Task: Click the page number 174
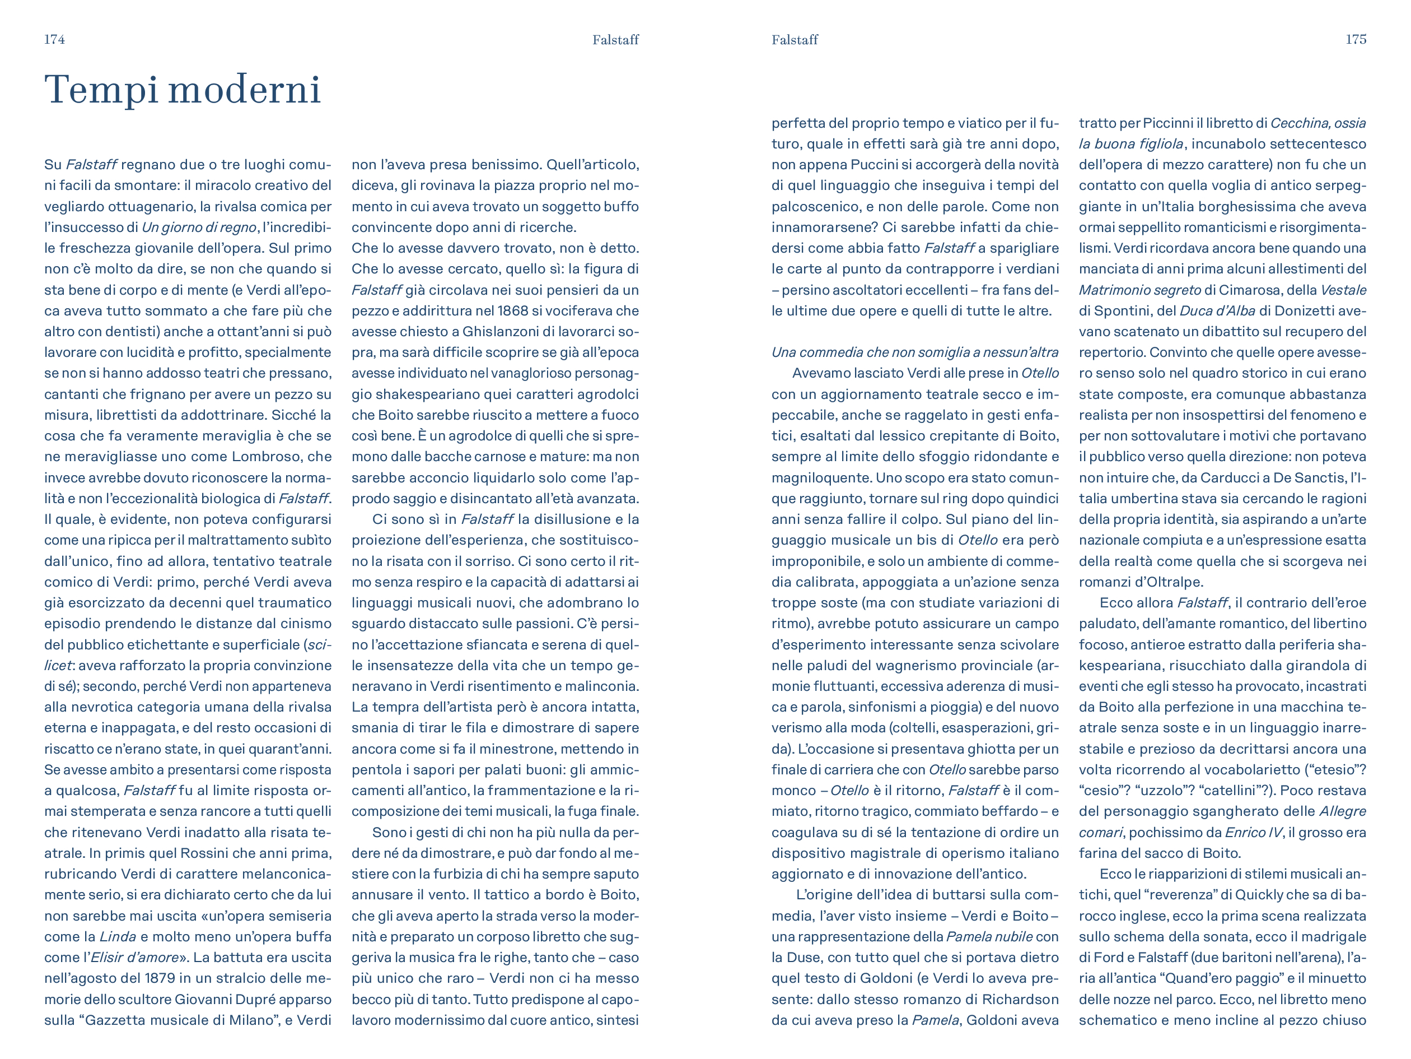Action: (x=54, y=40)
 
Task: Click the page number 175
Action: (x=1356, y=40)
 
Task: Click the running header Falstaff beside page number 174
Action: (x=615, y=40)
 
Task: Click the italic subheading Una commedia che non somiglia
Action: (x=915, y=352)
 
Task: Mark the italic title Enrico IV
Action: (x=1253, y=833)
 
